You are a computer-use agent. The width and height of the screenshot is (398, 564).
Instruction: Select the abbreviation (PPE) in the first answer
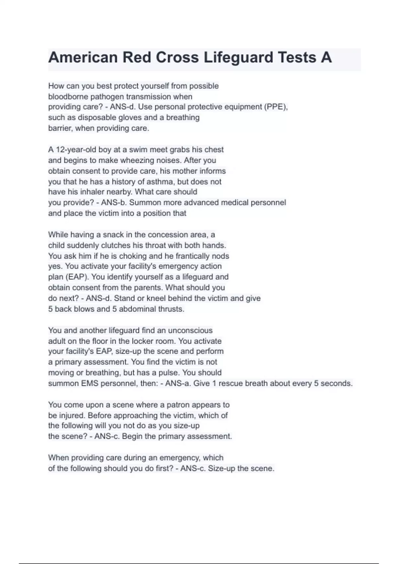point(276,107)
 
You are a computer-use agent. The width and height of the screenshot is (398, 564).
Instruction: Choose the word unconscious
point(190,330)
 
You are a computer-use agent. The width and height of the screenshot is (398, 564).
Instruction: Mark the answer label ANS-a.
point(178,383)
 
